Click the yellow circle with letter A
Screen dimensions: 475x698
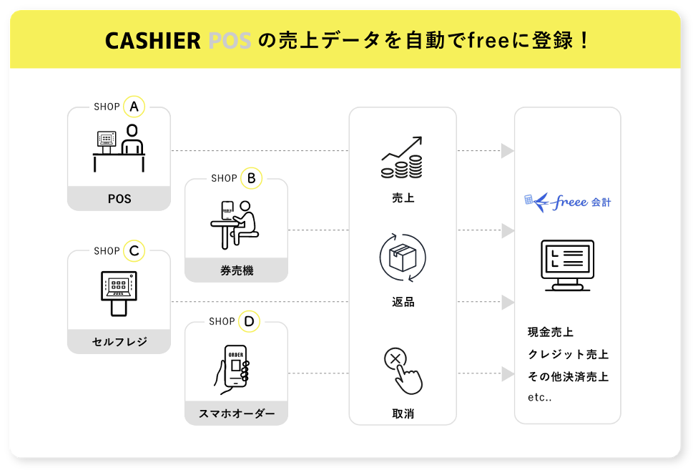coord(134,107)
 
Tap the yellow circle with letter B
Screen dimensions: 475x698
coord(251,178)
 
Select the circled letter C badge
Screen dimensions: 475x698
coord(134,251)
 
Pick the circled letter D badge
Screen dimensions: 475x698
coord(249,322)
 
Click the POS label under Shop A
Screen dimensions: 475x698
coord(119,199)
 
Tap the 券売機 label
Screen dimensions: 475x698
coord(237,270)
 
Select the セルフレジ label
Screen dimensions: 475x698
coord(119,342)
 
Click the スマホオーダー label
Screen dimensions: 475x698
coord(237,413)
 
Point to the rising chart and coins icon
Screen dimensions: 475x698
coord(402,158)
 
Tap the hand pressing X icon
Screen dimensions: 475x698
coord(403,370)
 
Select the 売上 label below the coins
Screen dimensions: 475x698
coord(403,198)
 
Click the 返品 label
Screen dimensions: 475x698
coord(403,302)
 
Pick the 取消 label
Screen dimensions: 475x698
coord(403,413)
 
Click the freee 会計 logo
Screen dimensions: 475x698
coord(568,202)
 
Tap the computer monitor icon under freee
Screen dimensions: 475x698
coord(568,265)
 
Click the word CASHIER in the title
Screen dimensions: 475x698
coord(152,41)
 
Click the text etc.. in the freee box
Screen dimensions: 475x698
coord(539,398)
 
